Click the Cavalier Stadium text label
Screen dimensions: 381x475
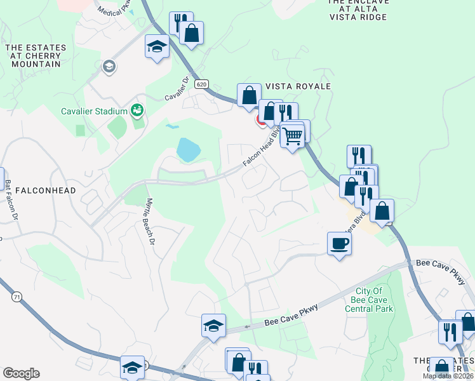click(x=95, y=111)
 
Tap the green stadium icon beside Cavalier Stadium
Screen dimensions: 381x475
click(x=137, y=111)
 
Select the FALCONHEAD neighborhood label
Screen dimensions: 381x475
click(x=45, y=190)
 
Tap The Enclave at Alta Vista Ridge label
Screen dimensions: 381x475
click(x=358, y=10)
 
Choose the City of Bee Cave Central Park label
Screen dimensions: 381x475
click(x=370, y=300)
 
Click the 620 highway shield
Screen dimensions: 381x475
click(x=202, y=84)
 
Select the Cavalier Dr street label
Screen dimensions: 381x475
click(x=178, y=89)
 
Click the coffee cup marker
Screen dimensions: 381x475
click(x=339, y=243)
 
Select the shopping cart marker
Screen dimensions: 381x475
click(x=292, y=136)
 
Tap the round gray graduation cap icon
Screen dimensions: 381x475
click(x=109, y=66)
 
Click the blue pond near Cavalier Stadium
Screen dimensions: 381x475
click(x=188, y=150)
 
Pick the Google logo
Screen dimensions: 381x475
click(x=21, y=373)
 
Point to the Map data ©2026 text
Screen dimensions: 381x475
click(x=448, y=376)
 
